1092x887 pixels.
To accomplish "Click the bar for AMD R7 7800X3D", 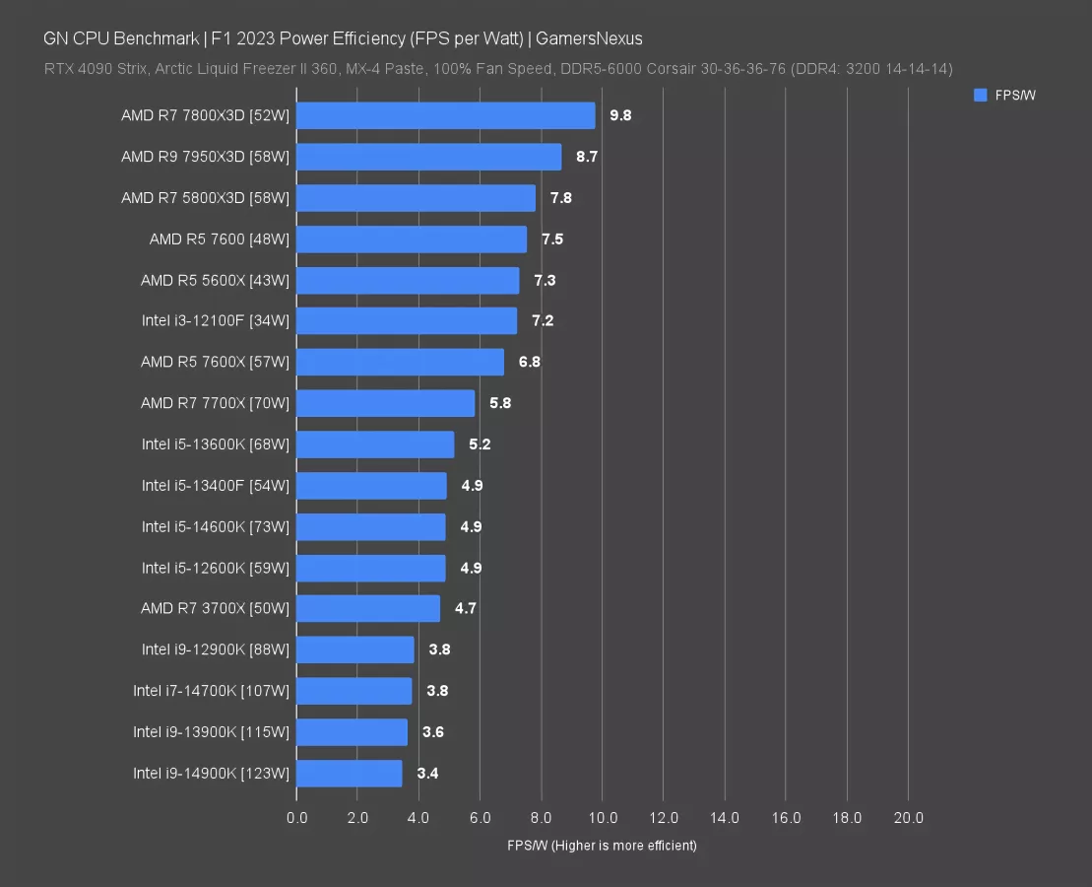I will click(445, 115).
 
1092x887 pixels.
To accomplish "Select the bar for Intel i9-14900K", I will click(349, 773).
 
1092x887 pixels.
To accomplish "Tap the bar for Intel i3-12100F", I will click(406, 321).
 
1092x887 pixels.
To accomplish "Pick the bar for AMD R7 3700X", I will click(367, 608).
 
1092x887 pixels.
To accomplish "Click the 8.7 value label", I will click(587, 157).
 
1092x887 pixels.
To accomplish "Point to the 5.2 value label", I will click(480, 444).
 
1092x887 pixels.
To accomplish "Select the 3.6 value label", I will click(433, 732).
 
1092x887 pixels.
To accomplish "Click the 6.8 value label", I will click(529, 362).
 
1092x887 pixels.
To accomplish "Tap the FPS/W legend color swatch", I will click(980, 96).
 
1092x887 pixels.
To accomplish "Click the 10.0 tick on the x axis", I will click(603, 818).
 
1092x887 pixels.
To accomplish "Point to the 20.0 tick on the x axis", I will click(908, 818).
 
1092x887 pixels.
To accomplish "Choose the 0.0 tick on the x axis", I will click(296, 818).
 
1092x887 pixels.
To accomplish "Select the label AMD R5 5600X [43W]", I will click(215, 280).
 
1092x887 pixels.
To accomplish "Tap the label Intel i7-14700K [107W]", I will click(211, 691).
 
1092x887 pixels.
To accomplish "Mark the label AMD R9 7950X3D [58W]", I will click(205, 157).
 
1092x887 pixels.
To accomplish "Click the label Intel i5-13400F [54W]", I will click(215, 485).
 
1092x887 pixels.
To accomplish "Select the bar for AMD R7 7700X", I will click(385, 403).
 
